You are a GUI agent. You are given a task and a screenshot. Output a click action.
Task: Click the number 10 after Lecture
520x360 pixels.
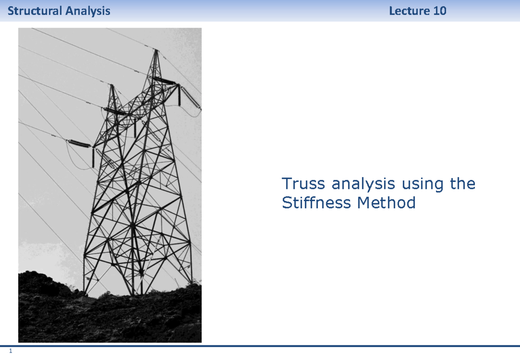(439, 11)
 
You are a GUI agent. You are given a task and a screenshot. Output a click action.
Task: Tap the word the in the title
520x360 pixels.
(462, 184)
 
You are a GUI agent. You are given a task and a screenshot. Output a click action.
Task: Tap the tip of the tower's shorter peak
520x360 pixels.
(112, 85)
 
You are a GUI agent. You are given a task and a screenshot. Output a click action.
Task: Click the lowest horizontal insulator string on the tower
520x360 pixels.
(80, 143)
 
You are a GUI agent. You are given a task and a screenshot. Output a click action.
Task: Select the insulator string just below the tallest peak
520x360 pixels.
(164, 81)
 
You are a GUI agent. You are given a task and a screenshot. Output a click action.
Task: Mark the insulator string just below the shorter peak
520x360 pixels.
(115, 111)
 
